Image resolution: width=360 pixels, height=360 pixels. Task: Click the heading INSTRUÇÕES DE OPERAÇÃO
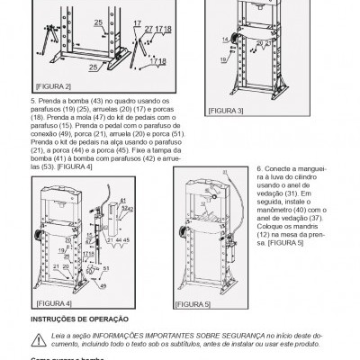coord(80,319)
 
